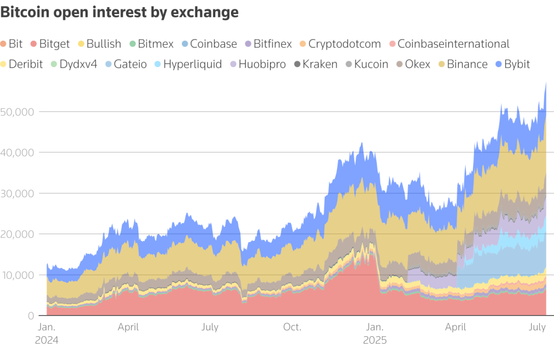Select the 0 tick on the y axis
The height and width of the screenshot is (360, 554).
(x=30, y=316)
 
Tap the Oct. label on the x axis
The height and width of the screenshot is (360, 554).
(x=292, y=327)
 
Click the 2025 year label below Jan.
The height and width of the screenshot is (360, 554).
(x=375, y=341)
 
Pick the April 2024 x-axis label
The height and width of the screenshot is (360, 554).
(x=128, y=327)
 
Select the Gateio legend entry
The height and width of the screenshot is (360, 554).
(x=128, y=64)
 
